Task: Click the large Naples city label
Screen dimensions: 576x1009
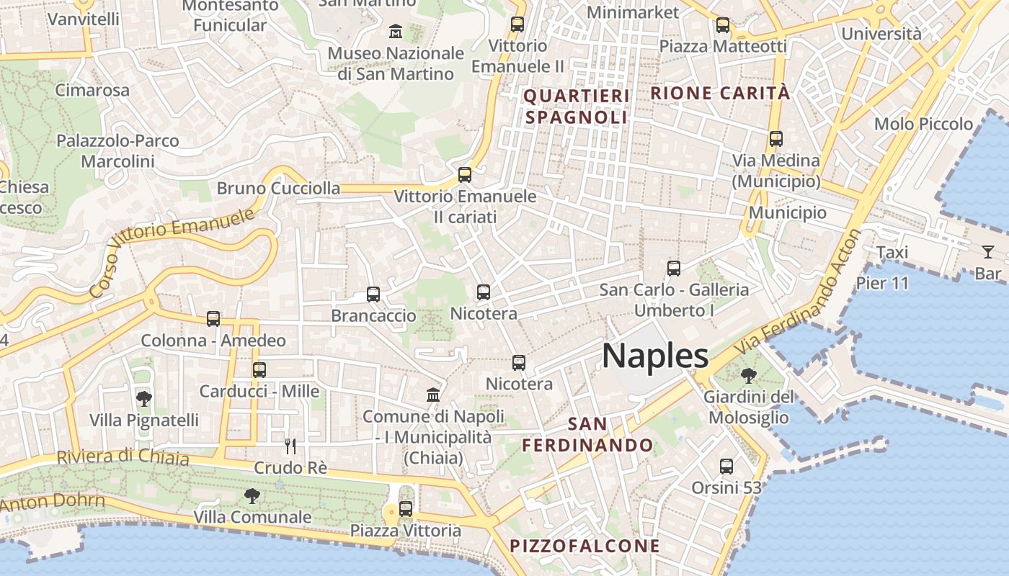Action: (655, 356)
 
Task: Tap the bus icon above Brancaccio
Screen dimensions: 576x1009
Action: (373, 294)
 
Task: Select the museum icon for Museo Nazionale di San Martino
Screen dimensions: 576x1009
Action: (396, 32)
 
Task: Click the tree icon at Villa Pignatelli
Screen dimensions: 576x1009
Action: (144, 398)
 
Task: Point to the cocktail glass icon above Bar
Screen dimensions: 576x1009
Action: (987, 252)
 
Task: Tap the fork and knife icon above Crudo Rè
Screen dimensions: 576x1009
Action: (290, 446)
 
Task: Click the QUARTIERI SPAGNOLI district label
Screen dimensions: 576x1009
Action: (577, 106)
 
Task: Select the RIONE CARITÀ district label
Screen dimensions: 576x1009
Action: (720, 93)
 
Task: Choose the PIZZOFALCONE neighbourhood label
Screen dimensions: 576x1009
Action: (584, 546)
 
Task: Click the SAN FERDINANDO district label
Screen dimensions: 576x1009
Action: (587, 434)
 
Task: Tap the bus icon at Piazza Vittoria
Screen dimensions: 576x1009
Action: (406, 509)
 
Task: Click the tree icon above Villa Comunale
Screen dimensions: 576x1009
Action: (252, 495)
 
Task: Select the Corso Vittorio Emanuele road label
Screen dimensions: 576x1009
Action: (173, 252)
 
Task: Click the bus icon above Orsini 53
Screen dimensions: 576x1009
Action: (726, 467)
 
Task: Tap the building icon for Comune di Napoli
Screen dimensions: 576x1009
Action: (433, 395)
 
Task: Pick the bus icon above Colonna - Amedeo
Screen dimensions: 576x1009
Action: (213, 318)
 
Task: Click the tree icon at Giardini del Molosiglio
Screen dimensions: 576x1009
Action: (749, 375)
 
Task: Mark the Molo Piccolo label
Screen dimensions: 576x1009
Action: (923, 124)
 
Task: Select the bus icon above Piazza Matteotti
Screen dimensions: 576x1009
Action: (723, 25)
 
